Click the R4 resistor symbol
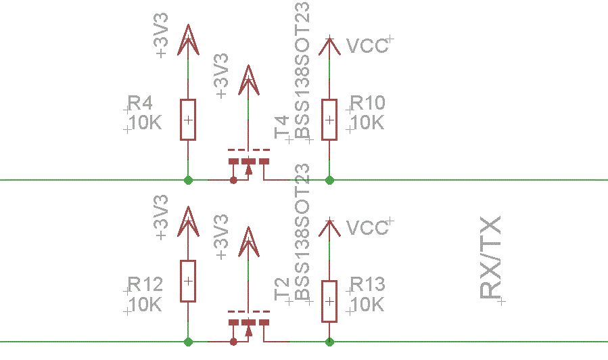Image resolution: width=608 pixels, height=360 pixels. tap(188, 120)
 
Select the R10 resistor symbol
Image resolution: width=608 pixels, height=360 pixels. tap(329, 120)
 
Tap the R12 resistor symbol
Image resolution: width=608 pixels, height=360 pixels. tap(188, 281)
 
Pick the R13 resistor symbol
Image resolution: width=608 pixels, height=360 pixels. tap(329, 301)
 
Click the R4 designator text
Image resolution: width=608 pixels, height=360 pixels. tap(140, 104)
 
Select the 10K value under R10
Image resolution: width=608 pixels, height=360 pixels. tap(368, 122)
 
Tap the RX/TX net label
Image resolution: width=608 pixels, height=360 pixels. tap(490, 258)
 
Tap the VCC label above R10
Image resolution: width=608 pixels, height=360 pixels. tap(367, 45)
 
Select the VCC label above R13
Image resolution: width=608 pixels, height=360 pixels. tap(367, 227)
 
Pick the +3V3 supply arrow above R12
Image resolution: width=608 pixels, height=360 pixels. tap(188, 221)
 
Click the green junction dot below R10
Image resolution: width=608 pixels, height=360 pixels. tap(329, 180)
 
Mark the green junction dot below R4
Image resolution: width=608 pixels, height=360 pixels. tap(188, 180)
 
